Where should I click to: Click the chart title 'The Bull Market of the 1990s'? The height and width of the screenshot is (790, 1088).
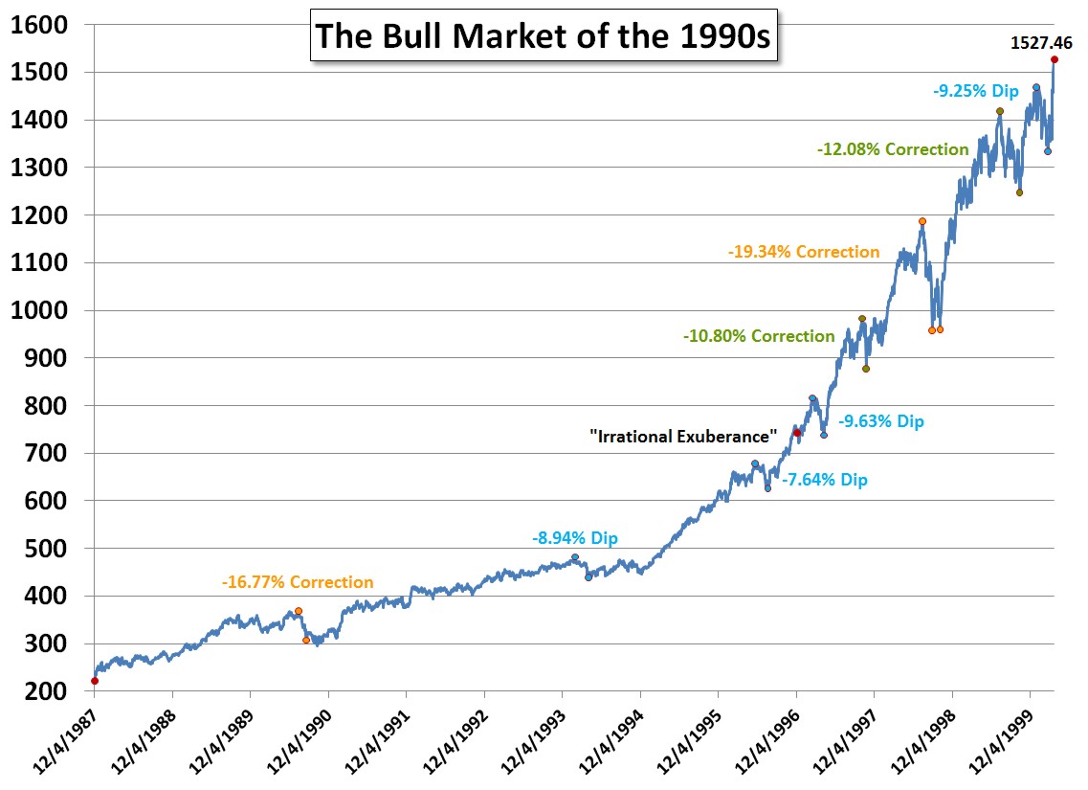544,35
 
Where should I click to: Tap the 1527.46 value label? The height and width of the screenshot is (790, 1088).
1041,42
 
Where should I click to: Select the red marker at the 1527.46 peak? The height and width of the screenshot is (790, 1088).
1054,59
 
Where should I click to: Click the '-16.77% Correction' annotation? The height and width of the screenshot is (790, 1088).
298,582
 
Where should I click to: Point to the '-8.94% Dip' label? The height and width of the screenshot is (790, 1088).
575,538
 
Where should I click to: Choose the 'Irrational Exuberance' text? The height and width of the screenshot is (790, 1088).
682,437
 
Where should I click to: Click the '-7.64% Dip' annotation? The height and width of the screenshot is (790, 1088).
825,480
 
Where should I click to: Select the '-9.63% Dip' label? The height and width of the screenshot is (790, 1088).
881,421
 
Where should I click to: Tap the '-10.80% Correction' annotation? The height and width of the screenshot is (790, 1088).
759,336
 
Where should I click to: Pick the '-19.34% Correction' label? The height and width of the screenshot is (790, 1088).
803,252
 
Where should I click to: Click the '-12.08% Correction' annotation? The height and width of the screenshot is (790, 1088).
893,149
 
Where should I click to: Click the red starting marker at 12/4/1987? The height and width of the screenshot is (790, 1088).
95,681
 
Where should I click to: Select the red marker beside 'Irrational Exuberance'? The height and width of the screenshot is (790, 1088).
796,433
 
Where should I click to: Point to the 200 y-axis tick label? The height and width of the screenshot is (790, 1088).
44,690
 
